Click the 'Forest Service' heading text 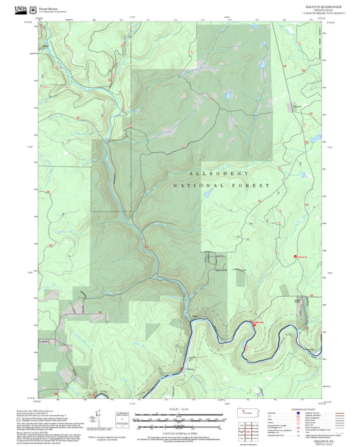tap(49, 9)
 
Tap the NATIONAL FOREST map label tap(222, 185)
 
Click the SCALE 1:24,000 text tap(179, 411)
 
